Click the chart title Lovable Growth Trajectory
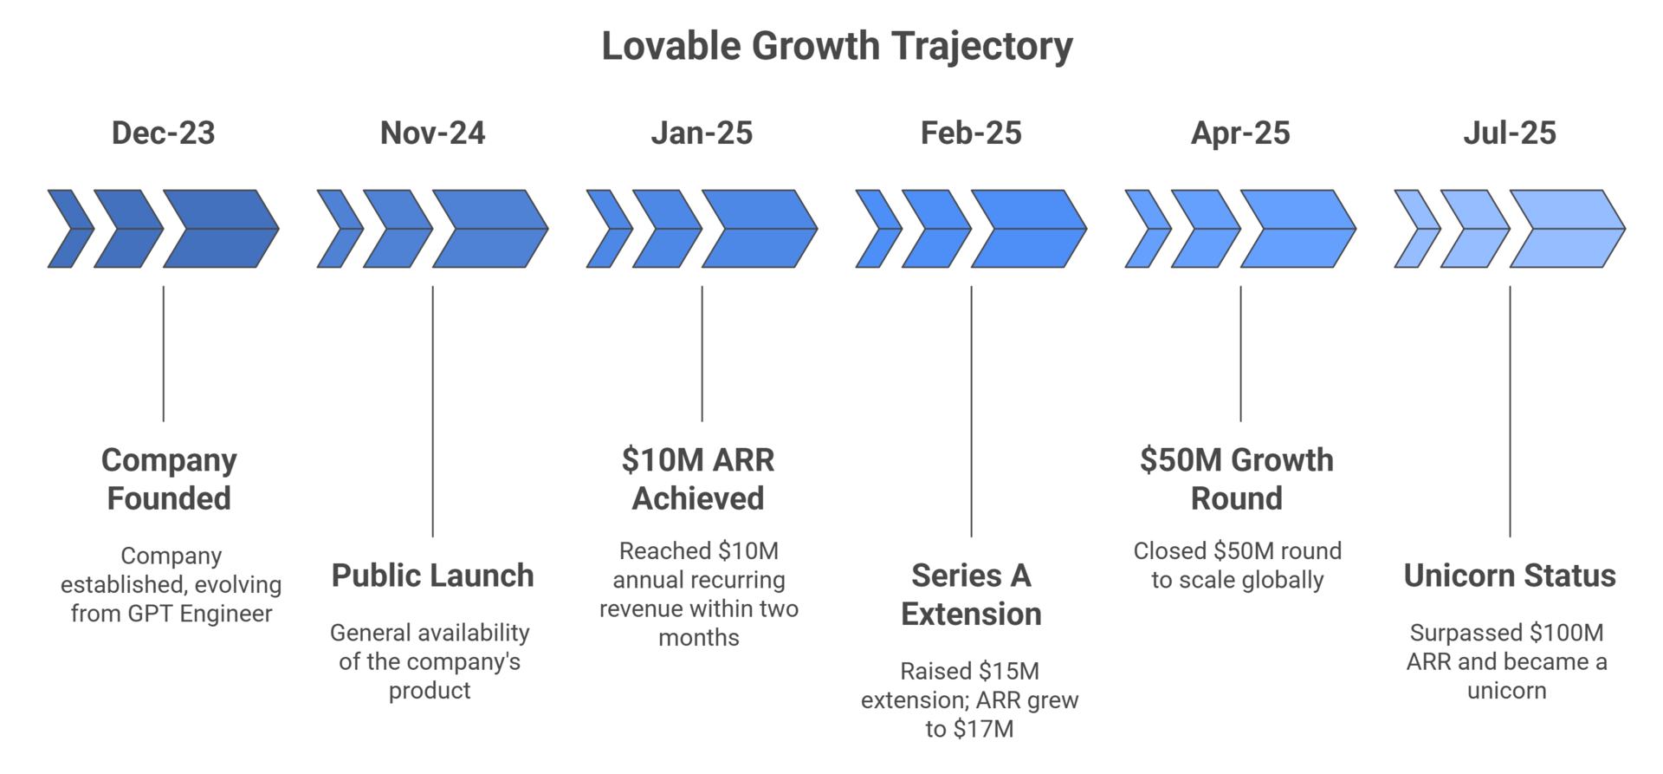[837, 46]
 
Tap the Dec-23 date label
[163, 133]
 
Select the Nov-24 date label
[432, 133]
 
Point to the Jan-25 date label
[702, 133]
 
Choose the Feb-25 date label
[971, 133]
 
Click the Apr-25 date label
[1240, 133]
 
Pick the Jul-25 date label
[1510, 133]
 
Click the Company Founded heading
[169, 479]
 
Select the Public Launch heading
[432, 576]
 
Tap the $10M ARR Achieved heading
[698, 479]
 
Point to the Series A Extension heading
[971, 595]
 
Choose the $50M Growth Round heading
[1237, 479]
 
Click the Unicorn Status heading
[1510, 576]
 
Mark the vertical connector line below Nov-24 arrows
[432, 412]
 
